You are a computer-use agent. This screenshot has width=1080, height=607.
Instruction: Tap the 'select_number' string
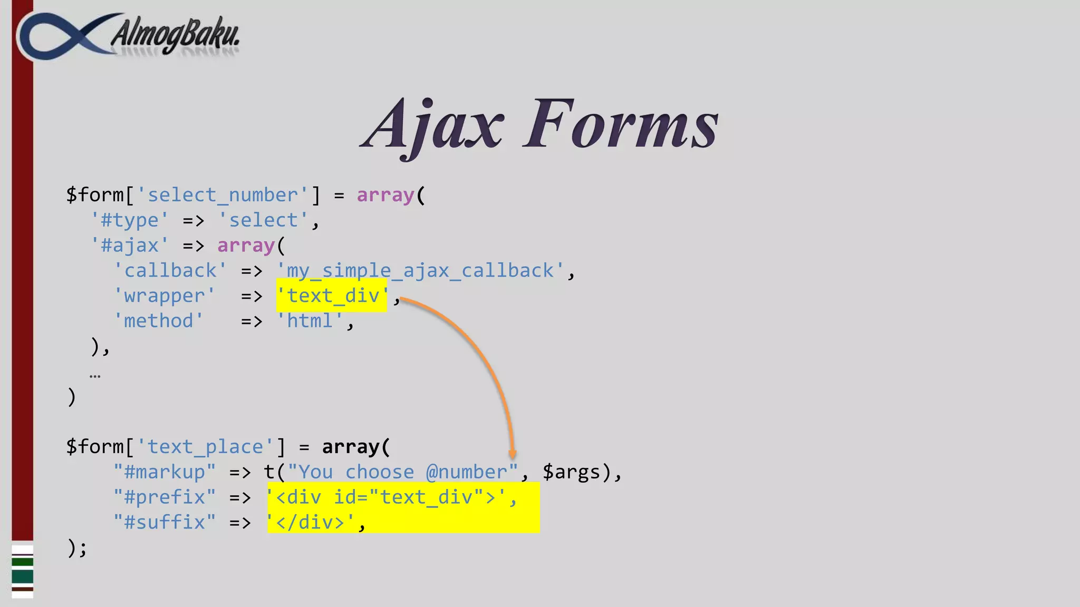(223, 195)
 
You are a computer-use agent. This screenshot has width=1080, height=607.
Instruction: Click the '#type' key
(130, 220)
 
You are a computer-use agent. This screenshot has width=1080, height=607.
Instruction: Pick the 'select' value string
(263, 220)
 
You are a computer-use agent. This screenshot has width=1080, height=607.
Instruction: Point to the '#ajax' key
(130, 246)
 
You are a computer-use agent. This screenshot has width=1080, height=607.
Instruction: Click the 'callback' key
(170, 271)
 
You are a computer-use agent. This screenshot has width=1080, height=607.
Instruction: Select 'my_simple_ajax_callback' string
(420, 271)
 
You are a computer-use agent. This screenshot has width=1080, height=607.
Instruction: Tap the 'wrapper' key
(165, 296)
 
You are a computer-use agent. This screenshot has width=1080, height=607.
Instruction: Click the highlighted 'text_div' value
(332, 296)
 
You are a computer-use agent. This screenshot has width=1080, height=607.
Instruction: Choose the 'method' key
(159, 321)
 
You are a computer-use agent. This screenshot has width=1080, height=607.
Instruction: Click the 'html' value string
(310, 321)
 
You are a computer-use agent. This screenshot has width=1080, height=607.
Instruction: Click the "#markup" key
(165, 472)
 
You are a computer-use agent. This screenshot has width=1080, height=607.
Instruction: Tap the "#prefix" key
(165, 497)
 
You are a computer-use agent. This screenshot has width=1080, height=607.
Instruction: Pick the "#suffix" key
(165, 522)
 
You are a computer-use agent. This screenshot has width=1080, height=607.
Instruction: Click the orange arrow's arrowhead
(512, 454)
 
